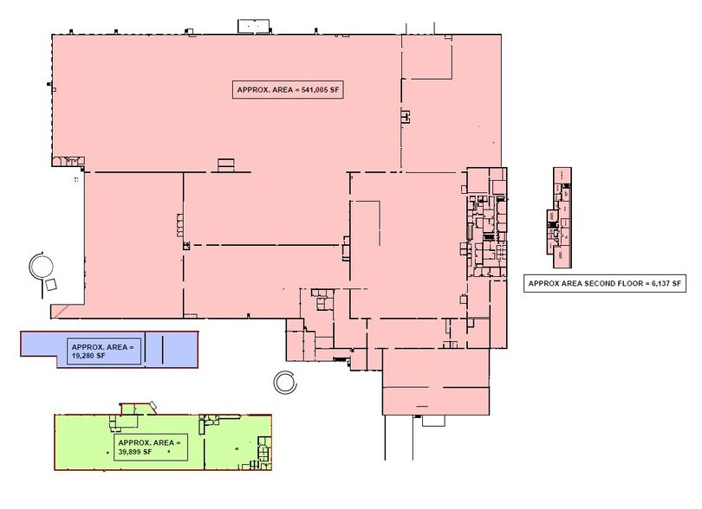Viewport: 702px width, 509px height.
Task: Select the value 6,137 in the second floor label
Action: click(658, 283)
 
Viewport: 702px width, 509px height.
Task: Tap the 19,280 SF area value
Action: click(84, 354)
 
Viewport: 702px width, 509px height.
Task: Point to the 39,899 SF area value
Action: click(132, 452)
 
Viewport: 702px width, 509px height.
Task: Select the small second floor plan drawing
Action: click(560, 210)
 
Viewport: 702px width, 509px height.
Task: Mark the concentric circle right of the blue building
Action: click(283, 379)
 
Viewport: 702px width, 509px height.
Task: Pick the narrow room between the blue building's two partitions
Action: click(153, 348)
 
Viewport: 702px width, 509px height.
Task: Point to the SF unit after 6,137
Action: click(678, 283)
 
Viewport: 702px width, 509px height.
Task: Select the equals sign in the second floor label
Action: click(642, 283)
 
